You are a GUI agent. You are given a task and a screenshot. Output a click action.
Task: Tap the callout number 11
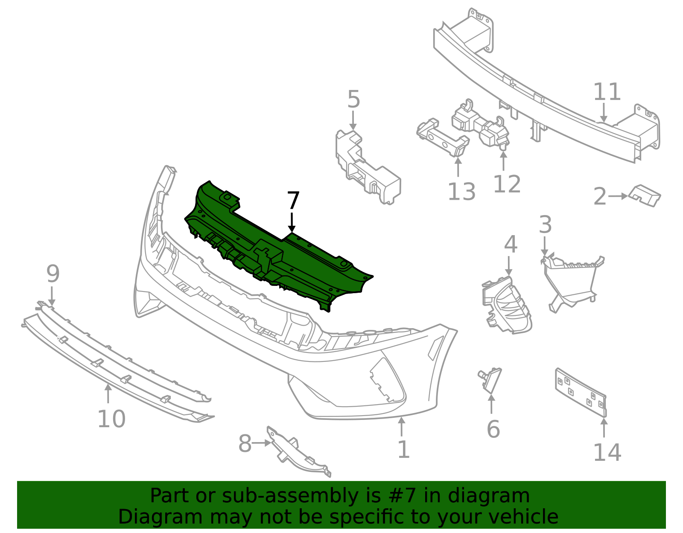pos(607,92)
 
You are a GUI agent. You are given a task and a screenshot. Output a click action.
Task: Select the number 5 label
pos(353,100)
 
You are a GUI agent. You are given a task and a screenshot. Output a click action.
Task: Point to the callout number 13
pos(461,192)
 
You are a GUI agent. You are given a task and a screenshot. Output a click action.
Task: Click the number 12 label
pos(507,184)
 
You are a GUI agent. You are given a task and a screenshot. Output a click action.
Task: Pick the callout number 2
pos(600,197)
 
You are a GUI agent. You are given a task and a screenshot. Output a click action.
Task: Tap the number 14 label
pos(607,453)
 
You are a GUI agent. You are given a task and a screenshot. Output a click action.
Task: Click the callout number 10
pos(111,419)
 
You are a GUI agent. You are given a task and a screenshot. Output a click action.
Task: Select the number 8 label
pos(245,444)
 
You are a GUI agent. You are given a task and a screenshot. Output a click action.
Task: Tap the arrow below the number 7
pos(292,222)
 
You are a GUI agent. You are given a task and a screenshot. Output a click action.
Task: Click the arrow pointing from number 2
pos(618,196)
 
